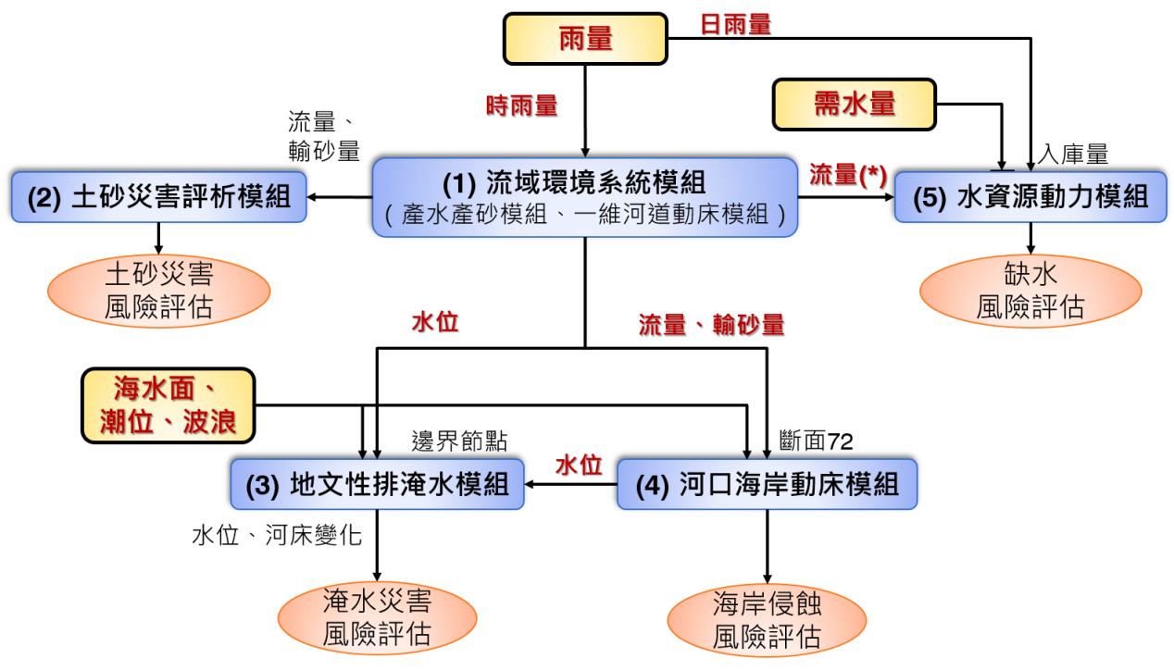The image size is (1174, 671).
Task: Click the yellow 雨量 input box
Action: pos(585,39)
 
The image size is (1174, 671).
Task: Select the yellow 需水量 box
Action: pos(855,105)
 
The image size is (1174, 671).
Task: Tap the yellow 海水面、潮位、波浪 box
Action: pos(169,405)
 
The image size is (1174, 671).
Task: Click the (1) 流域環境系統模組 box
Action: pos(585,197)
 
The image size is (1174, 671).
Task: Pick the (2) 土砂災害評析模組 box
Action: pos(159,197)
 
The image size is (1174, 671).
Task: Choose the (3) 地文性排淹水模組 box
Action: pos(378,484)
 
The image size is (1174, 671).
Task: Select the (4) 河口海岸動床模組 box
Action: pos(768,484)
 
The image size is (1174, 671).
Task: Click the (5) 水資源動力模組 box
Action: pos(1030,197)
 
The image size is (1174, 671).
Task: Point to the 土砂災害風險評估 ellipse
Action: pos(159,292)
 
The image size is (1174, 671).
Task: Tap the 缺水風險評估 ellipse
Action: pos(1030,292)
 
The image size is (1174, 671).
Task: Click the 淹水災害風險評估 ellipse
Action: pos(378,618)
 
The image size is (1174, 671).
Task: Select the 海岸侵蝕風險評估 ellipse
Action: pos(767,620)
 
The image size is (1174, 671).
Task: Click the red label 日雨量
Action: pos(736,25)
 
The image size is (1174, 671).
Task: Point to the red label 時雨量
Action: pos(521,106)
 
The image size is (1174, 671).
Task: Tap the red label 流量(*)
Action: pos(848,175)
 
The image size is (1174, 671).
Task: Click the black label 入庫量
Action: pos(1073,155)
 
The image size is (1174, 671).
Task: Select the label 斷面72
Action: pos(816,441)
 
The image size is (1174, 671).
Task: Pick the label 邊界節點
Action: pos(459,441)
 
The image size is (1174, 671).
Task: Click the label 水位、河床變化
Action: pos(277,535)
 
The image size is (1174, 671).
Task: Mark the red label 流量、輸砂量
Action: pos(711,325)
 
